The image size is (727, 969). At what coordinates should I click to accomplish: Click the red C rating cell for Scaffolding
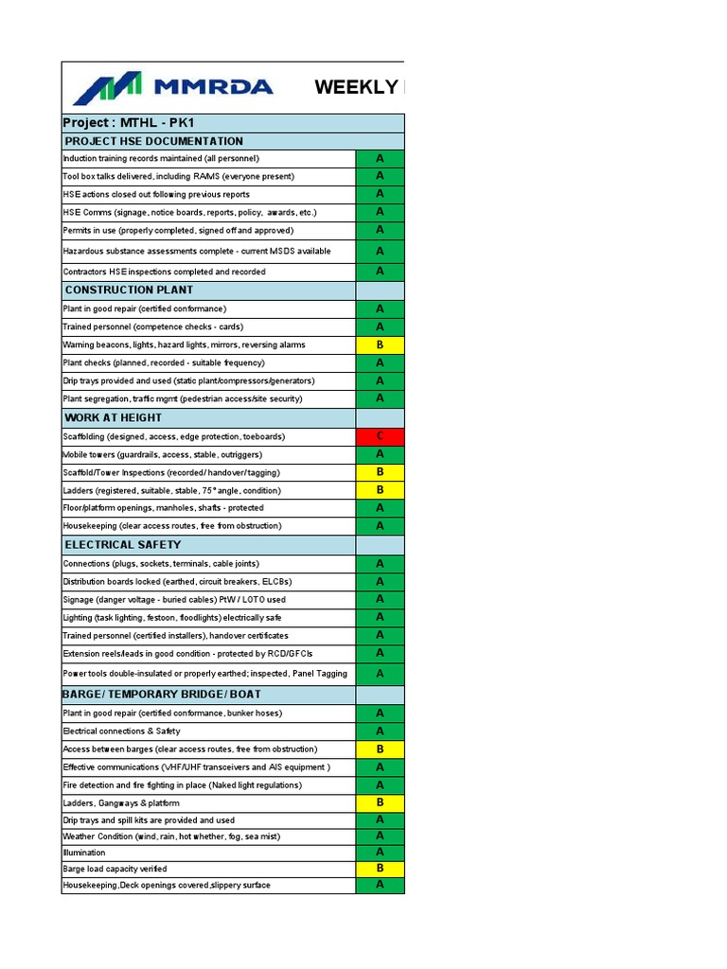[x=380, y=436]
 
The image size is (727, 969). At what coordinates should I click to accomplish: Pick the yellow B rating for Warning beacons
[x=380, y=344]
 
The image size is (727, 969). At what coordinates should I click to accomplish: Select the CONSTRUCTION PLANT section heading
[x=129, y=290]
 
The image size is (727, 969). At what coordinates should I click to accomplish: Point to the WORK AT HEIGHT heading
[x=113, y=417]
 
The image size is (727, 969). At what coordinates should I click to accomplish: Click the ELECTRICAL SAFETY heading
[x=122, y=544]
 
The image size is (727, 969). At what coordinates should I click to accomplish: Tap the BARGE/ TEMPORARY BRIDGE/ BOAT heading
[x=162, y=694]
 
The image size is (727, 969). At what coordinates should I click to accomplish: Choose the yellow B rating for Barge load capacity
[x=380, y=868]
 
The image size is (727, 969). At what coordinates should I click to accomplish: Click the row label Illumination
[x=84, y=853]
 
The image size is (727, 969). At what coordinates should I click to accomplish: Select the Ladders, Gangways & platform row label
[x=120, y=802]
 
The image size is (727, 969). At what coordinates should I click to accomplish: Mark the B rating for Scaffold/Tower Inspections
[x=380, y=471]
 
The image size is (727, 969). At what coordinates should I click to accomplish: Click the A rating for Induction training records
[x=380, y=158]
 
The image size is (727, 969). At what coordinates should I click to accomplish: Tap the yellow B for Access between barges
[x=380, y=749]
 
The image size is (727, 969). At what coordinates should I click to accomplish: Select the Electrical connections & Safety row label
[x=121, y=731]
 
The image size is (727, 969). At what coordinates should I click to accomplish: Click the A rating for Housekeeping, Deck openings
[x=380, y=885]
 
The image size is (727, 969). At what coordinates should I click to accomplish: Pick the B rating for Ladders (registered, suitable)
[x=380, y=489]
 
